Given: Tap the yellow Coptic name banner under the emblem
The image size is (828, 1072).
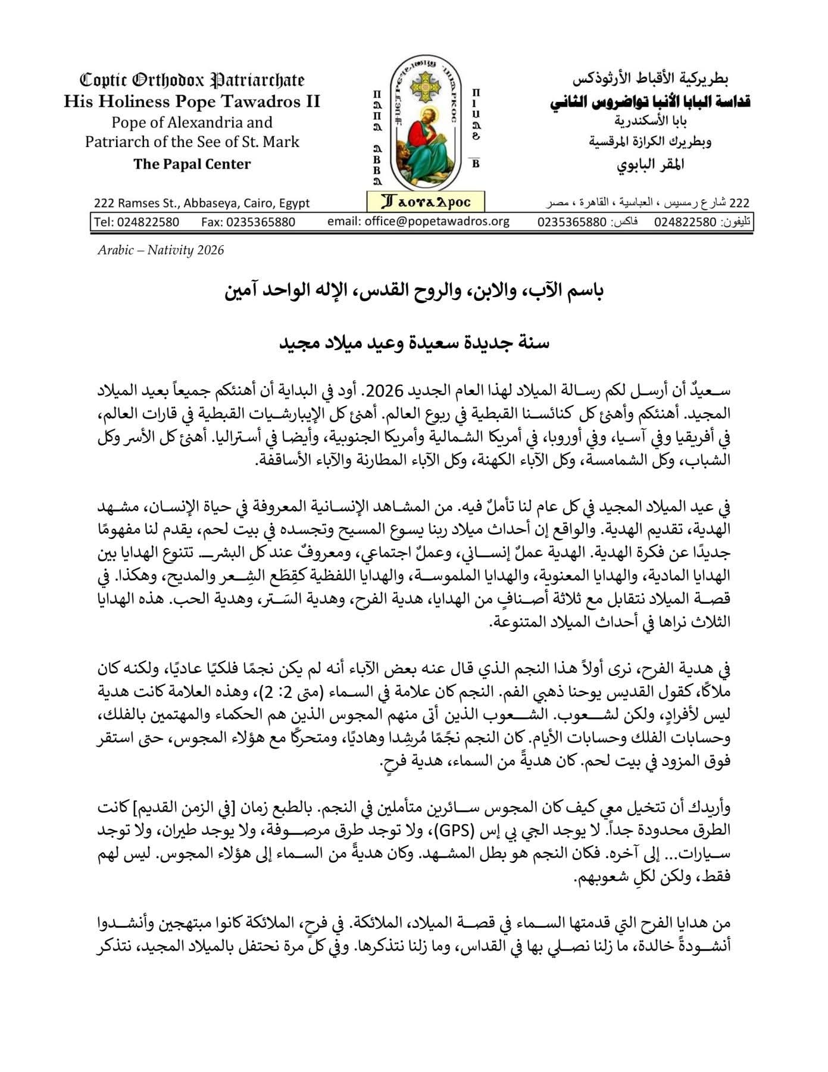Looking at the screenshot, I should (426, 202).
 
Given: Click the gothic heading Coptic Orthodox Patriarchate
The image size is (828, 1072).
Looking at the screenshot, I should (192, 80).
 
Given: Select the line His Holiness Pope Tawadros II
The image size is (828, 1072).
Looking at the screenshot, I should (192, 101).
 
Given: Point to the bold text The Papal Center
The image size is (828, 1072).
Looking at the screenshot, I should (192, 164).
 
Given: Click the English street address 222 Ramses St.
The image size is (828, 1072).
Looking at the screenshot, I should (202, 203).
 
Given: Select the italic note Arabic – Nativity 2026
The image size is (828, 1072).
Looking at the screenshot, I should (161, 250).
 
